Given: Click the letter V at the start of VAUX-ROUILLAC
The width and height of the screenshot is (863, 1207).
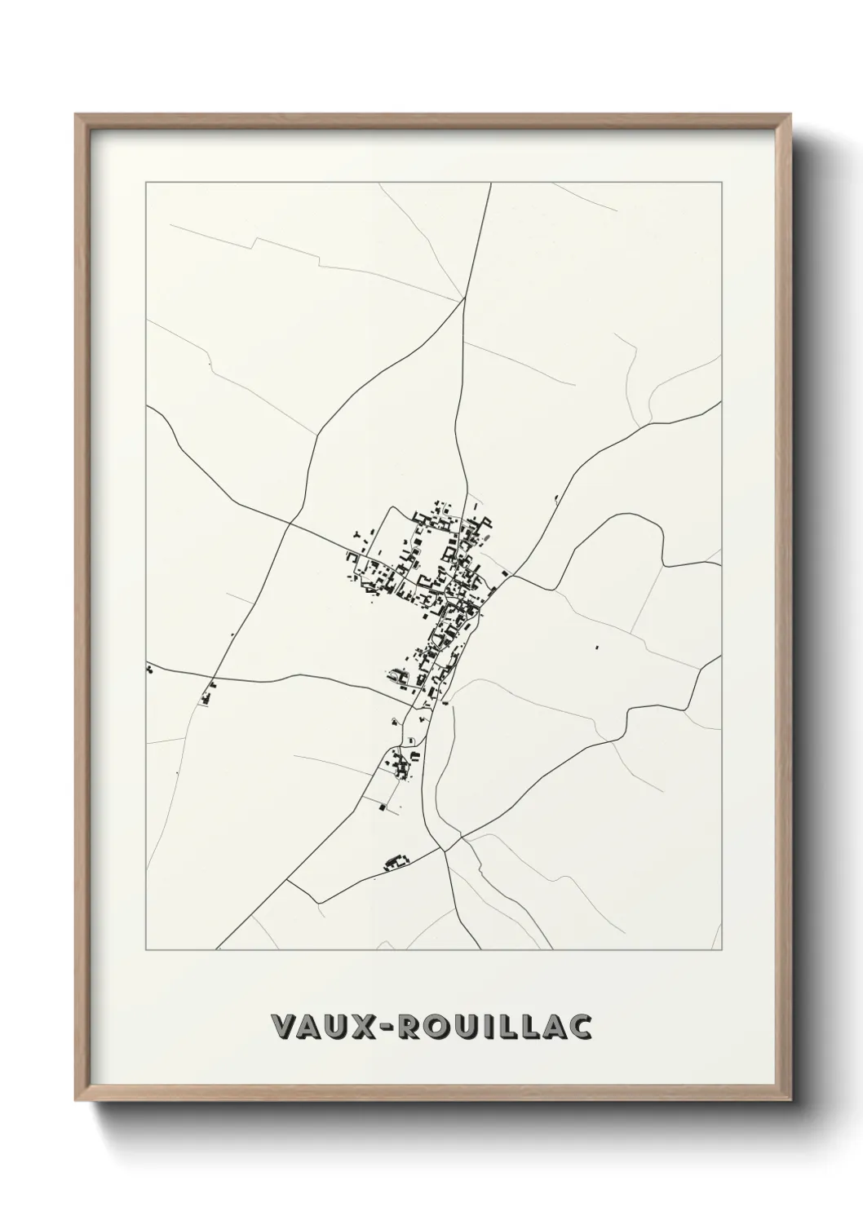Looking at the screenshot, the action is tap(284, 1027).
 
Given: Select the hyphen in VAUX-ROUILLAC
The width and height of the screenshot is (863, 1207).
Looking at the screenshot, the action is tap(387, 1028).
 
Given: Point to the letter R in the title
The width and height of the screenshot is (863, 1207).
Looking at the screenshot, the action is tap(412, 1027).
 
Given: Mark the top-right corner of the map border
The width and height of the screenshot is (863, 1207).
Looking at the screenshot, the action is tap(721, 183).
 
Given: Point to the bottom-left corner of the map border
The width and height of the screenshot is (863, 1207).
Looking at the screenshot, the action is tap(146, 950).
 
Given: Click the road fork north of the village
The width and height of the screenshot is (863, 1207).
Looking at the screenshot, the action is tap(463, 298).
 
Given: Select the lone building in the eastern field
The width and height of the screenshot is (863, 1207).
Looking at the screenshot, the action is tap(596, 647).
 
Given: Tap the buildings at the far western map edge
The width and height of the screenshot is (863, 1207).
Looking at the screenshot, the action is tap(150, 670).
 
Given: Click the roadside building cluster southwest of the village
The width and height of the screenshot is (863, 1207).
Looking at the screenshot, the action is tap(209, 694).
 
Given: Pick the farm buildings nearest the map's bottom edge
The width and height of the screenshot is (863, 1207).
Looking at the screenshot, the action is tap(396, 861).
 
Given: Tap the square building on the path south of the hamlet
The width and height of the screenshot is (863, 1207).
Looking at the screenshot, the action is tap(382, 806).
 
